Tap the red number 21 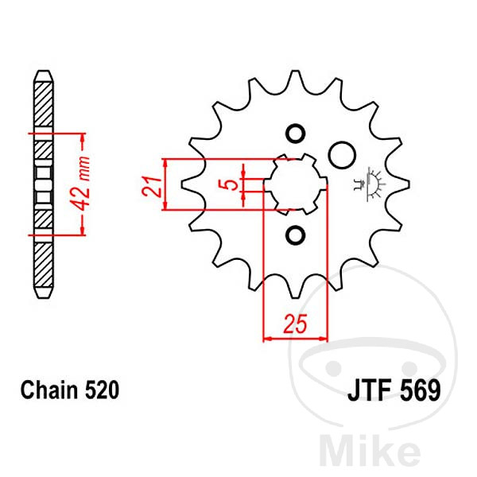[x=151, y=185]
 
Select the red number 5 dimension [x=231, y=184]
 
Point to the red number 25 [x=295, y=324]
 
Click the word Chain [x=49, y=390]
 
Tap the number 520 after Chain [x=102, y=390]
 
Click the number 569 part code [x=420, y=390]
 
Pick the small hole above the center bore [x=296, y=134]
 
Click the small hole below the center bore [x=296, y=235]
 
